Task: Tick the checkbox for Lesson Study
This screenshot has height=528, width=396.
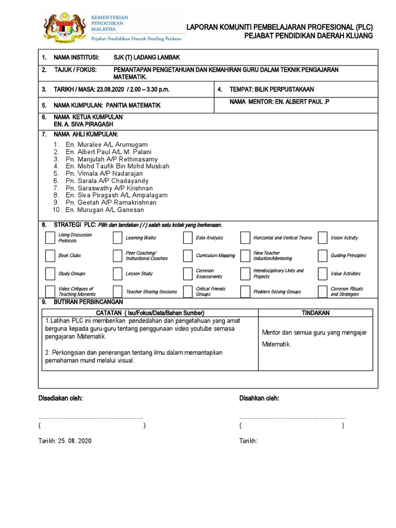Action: click(118, 273)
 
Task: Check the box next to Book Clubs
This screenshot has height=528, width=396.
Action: click(50, 255)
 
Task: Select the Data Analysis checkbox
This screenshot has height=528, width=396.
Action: click(187, 238)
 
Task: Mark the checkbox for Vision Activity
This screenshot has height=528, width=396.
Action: click(323, 238)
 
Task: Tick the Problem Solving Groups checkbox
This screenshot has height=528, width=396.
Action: click(245, 291)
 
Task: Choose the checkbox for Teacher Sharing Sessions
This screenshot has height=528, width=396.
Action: click(118, 291)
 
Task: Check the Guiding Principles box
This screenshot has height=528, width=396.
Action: click(323, 255)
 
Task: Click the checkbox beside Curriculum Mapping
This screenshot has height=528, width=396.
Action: click(187, 255)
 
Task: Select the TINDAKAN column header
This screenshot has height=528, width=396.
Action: click(316, 313)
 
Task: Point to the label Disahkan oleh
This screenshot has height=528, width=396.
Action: click(259, 399)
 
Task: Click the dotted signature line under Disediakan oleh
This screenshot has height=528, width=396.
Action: click(91, 417)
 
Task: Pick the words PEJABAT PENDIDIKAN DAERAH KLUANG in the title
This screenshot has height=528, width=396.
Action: click(308, 36)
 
